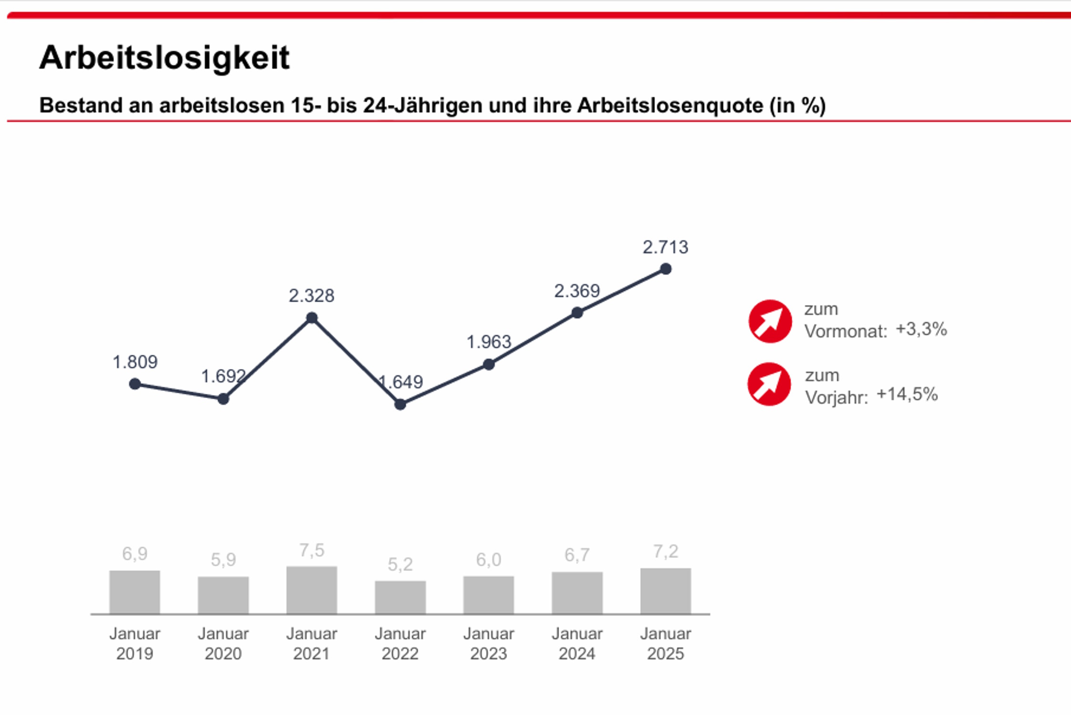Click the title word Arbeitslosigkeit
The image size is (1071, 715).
coord(164,58)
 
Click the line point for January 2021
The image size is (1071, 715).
coord(312,318)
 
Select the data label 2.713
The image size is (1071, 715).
coord(665,247)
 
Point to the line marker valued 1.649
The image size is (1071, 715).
coord(400,405)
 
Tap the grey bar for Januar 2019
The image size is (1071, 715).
coord(135,592)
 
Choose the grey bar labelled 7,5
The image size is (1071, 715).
coord(312,590)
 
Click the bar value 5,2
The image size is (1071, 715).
coord(400,564)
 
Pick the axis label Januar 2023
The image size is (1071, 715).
coord(489,643)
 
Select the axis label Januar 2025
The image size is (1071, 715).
coord(665,643)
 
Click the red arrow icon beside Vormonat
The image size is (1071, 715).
coord(770,321)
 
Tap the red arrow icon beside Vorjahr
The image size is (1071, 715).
coord(769,384)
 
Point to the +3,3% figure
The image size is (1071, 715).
coord(921,329)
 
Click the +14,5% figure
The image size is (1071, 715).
coord(907,394)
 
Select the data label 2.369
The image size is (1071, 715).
coord(577,291)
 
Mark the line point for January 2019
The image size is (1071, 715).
coord(135,384)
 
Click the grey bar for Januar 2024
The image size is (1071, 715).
coord(577,593)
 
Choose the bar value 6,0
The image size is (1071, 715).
coord(489,559)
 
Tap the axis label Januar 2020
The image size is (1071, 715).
coord(223,643)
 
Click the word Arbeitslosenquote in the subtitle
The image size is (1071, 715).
coord(670,105)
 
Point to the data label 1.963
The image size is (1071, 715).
coord(489,342)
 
